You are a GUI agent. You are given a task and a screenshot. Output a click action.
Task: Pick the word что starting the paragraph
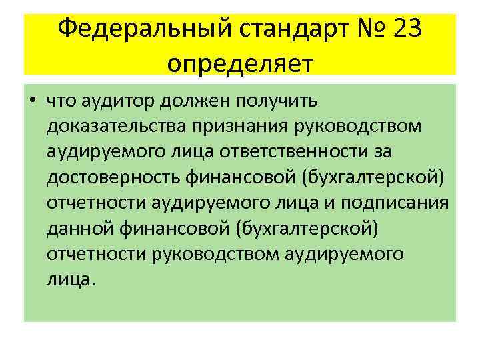click(x=61, y=102)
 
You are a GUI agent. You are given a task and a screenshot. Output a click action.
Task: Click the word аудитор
click(x=117, y=102)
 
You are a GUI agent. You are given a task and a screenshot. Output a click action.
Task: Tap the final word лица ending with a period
click(x=71, y=279)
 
